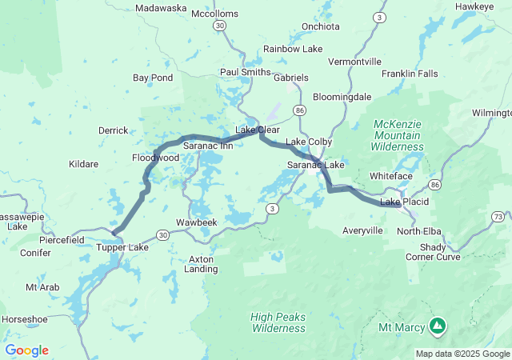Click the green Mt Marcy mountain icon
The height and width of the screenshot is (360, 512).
pos(437,326)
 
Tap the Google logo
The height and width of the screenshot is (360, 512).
pos(26,350)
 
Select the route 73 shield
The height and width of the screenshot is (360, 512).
pos(498,217)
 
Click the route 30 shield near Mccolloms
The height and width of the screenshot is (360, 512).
pos(219,26)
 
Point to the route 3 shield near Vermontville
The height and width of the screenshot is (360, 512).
pos(378,17)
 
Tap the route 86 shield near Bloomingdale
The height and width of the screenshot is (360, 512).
pos(299,110)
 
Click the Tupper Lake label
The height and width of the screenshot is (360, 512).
pos(122,247)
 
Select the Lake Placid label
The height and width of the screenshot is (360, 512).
pos(404,202)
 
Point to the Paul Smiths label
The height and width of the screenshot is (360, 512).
pos(245,72)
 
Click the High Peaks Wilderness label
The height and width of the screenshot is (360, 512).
pos(278,322)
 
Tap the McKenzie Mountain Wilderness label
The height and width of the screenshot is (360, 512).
pos(398,135)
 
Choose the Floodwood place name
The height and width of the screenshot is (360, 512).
pos(155,158)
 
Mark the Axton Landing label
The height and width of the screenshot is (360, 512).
pos(202,264)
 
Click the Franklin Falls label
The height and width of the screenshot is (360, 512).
pos(410,74)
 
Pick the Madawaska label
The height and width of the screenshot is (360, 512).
pos(161,8)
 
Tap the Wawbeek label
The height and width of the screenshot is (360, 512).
pos(196,222)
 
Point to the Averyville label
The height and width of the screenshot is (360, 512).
pos(362,230)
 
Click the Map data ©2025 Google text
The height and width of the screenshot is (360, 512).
pos(462,354)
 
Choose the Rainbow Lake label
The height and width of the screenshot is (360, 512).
pos(293,49)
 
